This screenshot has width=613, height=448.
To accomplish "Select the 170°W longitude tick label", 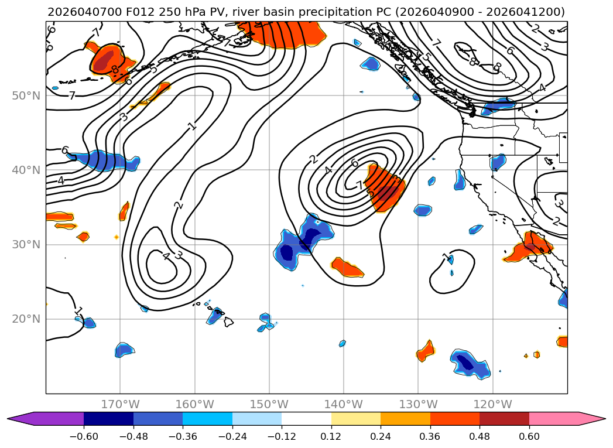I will point(120,404).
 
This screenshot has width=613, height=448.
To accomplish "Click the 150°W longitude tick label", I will point(269,404).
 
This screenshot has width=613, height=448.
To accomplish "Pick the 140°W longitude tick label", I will point(344,404).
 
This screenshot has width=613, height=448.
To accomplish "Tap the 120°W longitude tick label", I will point(492,404).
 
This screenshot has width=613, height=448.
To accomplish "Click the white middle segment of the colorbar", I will point(306,419).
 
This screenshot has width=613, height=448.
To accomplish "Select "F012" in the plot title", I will point(125,12).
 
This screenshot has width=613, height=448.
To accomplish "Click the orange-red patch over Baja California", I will point(530,247).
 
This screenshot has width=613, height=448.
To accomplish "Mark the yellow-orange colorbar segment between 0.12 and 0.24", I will point(356,419).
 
